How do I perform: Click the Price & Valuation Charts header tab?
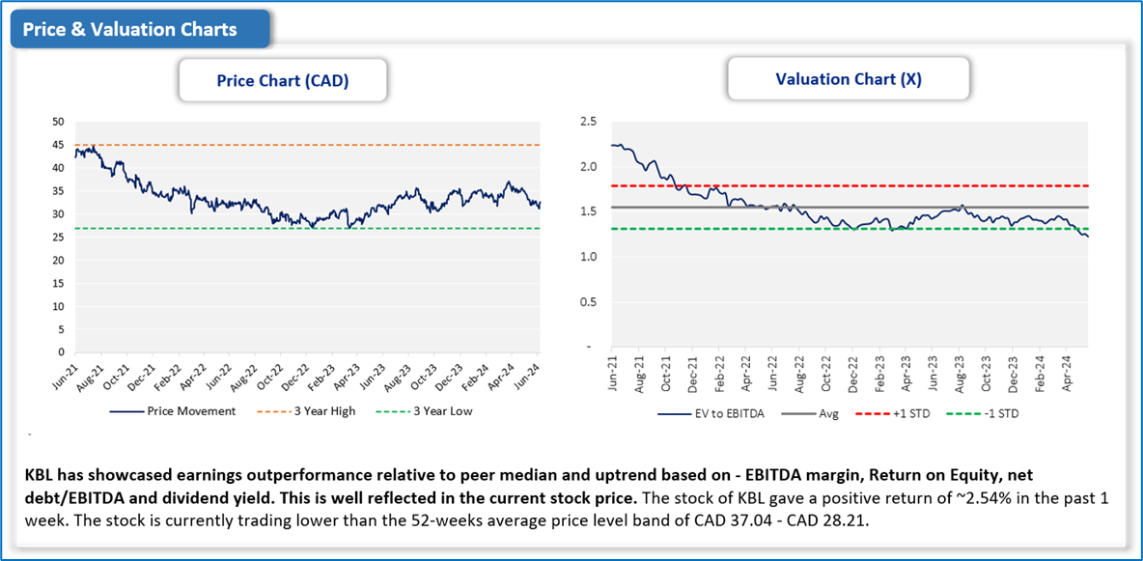tap(130, 29)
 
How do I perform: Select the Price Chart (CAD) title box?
tap(283, 81)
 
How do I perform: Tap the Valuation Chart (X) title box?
tap(849, 79)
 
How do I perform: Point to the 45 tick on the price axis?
tap(58, 145)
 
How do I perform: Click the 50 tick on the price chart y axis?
tap(58, 122)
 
